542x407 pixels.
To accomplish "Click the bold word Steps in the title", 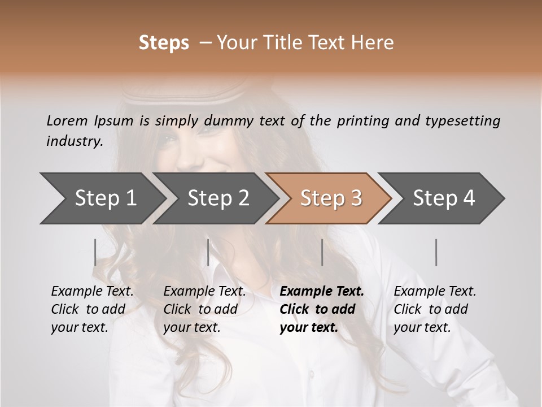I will pos(164,43).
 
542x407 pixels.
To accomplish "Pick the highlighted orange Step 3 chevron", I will pos(331,198).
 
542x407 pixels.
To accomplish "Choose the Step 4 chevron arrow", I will pos(444,198).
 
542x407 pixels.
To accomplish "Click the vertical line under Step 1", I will pos(95,252).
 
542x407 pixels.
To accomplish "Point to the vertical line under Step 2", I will pos(208,252).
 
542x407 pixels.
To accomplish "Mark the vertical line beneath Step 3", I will pos(322,252).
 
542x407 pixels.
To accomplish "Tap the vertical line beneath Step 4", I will pos(436,252).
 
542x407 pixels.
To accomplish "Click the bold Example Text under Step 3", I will pos(322,292).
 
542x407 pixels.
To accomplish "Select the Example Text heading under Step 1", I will pos(92,292).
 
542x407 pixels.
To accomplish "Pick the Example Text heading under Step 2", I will pos(204,292).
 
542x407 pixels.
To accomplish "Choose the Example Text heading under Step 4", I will pos(435,292).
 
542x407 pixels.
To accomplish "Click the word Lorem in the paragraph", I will pos(67,120).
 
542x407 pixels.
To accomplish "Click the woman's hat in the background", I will pos(186,90).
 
